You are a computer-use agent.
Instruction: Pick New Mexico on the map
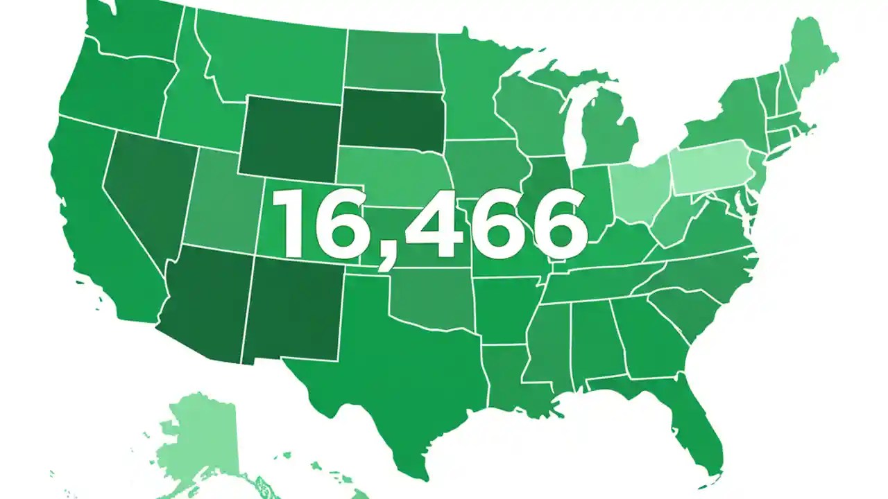tap(291, 308)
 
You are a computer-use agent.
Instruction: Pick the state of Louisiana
tap(510, 378)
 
